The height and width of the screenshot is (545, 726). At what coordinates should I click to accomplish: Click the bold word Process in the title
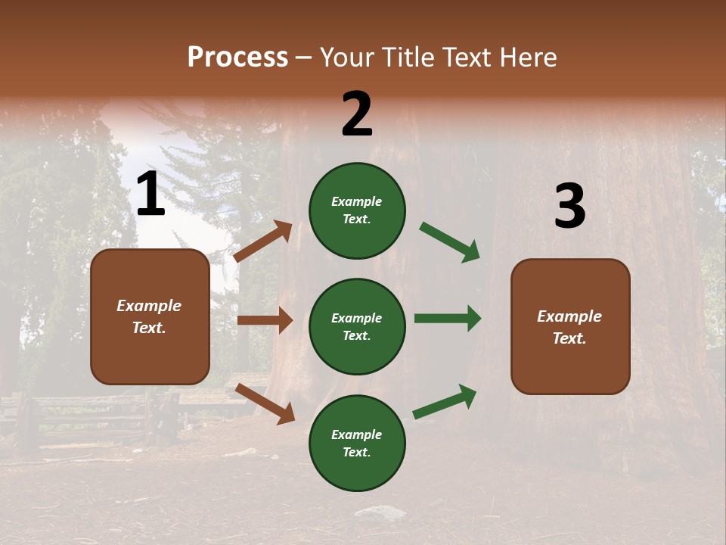(x=237, y=58)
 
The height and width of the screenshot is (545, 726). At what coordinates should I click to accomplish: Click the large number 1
(x=150, y=195)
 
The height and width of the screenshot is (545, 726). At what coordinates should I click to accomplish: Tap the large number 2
(x=357, y=114)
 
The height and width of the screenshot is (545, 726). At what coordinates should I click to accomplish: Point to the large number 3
(x=569, y=206)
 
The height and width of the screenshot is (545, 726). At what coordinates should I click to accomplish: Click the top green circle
(x=357, y=210)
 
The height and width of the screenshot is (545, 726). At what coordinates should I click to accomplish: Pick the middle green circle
(x=357, y=326)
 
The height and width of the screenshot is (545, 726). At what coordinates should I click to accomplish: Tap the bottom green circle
(x=357, y=443)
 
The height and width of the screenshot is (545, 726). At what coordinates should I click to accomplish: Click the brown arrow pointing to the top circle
(x=263, y=241)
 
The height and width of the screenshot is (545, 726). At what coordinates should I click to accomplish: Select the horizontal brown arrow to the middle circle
(x=265, y=320)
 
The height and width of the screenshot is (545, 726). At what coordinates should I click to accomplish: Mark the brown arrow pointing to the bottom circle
(x=265, y=403)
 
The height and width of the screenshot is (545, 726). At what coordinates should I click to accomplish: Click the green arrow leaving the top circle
(x=450, y=242)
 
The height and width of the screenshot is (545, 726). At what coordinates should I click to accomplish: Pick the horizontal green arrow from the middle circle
(x=448, y=318)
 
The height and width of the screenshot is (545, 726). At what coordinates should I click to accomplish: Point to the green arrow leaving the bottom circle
(x=445, y=401)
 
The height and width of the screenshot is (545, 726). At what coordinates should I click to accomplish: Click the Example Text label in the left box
(x=149, y=316)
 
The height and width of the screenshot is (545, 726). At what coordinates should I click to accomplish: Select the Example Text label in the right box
(x=569, y=327)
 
